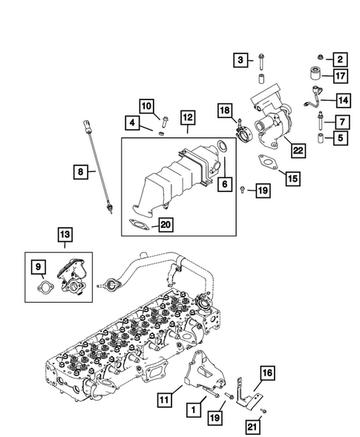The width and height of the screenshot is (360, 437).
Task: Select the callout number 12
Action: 187,116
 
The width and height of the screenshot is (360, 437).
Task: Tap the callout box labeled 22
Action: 298,151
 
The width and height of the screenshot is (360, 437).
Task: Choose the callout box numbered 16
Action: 267,372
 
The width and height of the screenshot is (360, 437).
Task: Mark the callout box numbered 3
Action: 242,59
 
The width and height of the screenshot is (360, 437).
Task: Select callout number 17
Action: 340,76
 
